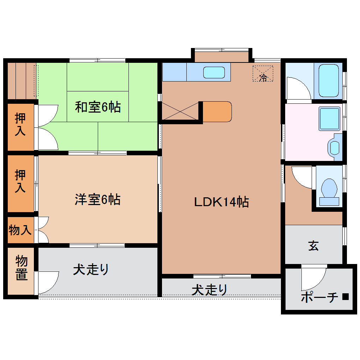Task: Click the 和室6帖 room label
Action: coord(98,107)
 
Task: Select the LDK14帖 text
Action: coord(222,202)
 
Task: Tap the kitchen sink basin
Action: coord(214,72)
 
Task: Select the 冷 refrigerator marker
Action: coord(263,77)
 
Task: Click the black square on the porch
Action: coord(346,297)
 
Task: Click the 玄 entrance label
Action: coord(313,246)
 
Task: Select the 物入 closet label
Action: coord(20,230)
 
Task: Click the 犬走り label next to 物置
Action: coord(91,270)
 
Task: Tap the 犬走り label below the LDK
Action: coord(209,290)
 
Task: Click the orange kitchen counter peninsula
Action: coord(217,112)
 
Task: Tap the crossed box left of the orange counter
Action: coord(180,111)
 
